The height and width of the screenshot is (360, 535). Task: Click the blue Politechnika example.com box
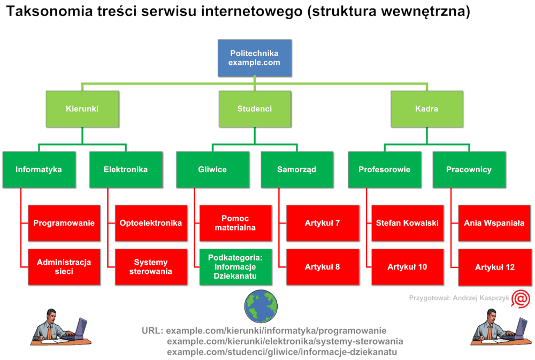coord(255,58)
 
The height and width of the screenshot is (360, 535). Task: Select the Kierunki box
coord(82,109)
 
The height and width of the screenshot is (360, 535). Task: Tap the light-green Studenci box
coord(255,109)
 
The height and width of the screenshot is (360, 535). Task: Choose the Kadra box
coord(427,109)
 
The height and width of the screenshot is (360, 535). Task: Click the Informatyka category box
coord(39,170)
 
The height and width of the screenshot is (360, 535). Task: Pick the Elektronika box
coord(126,170)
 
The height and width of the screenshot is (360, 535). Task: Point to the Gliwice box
coord(212,170)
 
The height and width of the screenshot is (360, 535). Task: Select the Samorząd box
coord(297,170)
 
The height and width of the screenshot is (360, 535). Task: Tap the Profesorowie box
coord(385,170)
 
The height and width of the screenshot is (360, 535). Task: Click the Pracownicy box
coord(469,170)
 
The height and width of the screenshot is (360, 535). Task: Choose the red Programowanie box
coord(64,223)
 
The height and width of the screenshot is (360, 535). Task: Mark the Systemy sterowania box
coord(151,267)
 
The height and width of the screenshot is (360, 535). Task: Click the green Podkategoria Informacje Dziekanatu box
coord(235,267)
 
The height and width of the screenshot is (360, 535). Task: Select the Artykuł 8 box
coord(323,267)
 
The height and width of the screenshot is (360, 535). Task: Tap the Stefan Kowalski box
coord(407,223)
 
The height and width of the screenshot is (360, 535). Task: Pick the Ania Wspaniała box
coord(494,223)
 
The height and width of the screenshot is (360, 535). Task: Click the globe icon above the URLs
coord(261,307)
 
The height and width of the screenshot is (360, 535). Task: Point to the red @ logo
coord(521,299)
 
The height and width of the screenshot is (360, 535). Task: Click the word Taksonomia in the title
coord(49,12)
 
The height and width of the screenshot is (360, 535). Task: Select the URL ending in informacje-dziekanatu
coord(282,352)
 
